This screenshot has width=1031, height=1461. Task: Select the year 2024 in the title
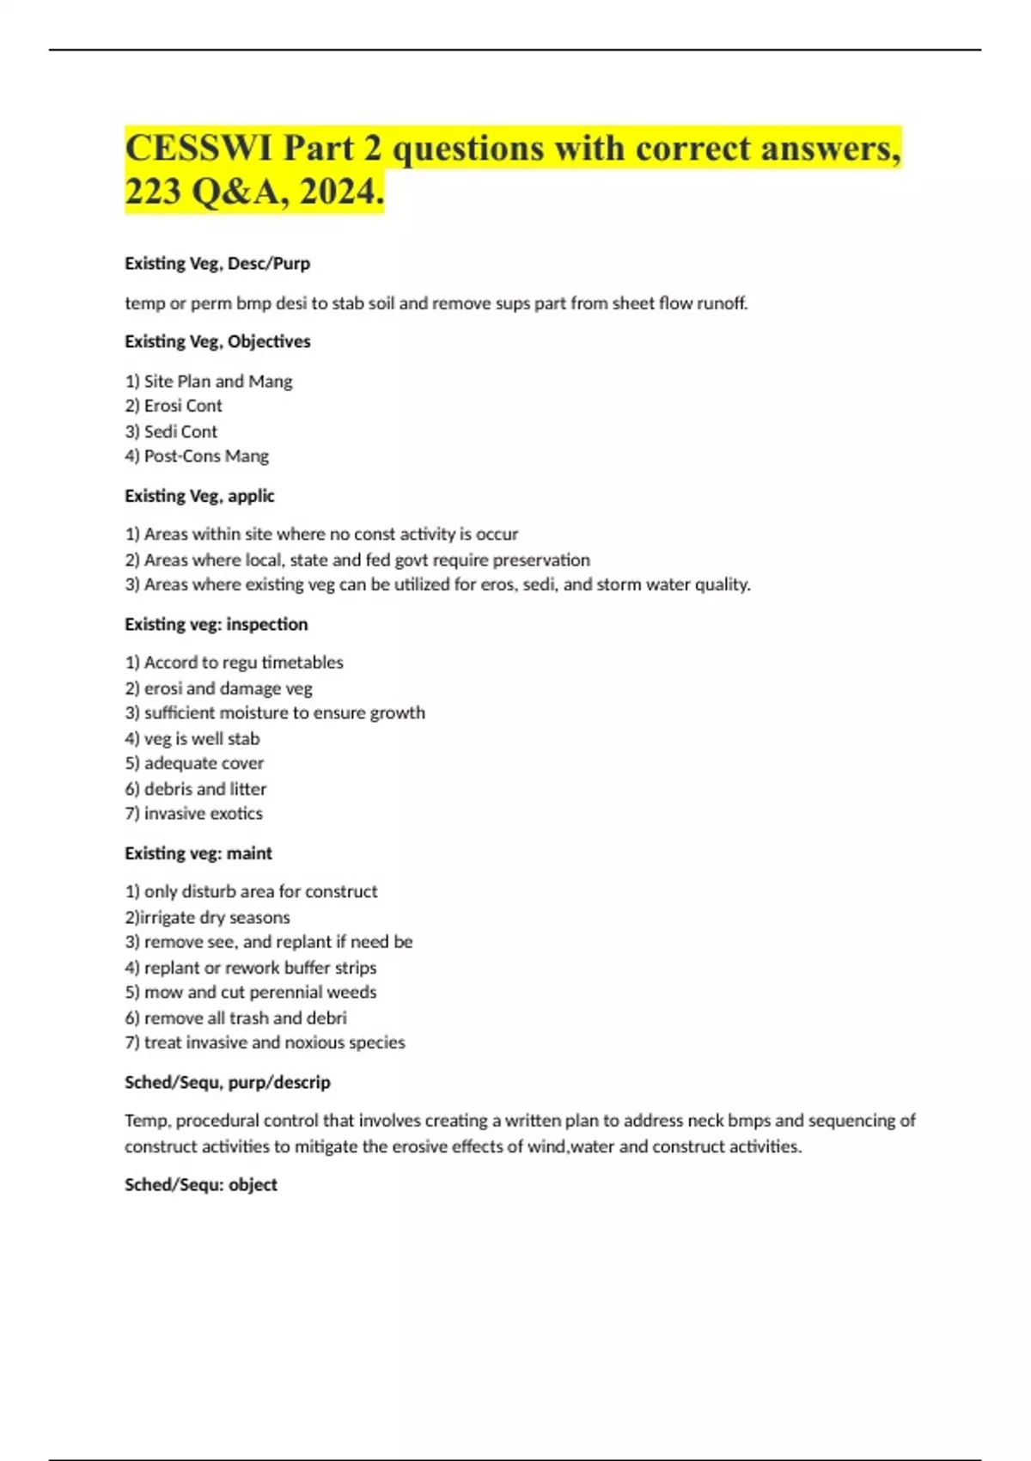coord(340,191)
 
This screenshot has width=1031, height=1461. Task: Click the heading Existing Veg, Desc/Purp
coord(217,264)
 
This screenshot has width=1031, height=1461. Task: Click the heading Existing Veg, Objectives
coord(217,342)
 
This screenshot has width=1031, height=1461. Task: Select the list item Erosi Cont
coord(182,406)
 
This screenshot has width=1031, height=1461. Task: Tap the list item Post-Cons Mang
coord(206,456)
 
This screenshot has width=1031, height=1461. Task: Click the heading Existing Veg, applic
coord(199,496)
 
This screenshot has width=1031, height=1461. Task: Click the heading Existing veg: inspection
coord(216,625)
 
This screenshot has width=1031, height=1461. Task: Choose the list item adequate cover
coord(204,763)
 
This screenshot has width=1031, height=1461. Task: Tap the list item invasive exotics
coord(203,814)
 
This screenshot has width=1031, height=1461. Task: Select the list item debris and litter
coord(204,789)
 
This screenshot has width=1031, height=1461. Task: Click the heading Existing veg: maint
coord(198,853)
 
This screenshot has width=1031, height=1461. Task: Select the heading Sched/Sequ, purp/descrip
coord(228,1083)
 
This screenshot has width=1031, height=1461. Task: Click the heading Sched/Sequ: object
coord(201,1185)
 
